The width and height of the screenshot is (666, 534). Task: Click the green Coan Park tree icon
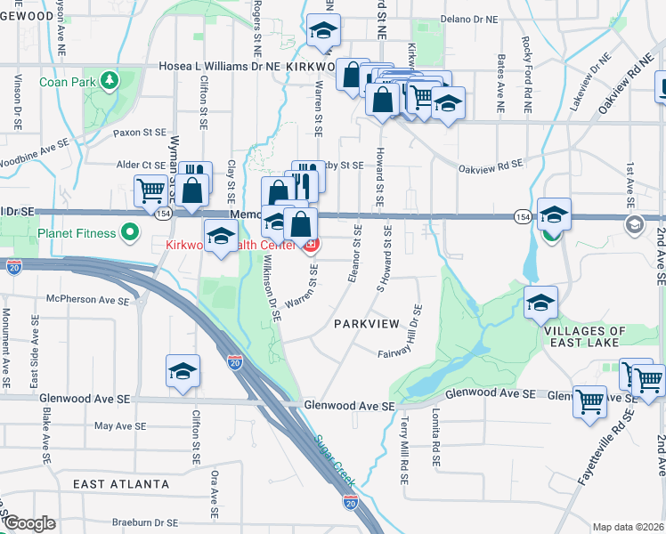(109, 81)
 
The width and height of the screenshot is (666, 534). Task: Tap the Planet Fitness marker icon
(130, 233)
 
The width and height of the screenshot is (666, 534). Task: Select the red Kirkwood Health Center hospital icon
(311, 244)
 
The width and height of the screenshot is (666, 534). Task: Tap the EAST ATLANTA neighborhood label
(121, 484)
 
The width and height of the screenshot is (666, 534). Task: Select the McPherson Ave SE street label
(82, 299)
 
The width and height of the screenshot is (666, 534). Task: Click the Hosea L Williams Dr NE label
(220, 66)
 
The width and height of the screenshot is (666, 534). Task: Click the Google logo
(28, 523)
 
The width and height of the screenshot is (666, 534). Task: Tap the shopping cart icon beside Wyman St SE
(150, 190)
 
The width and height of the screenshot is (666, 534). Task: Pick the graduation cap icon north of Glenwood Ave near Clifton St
(183, 370)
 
